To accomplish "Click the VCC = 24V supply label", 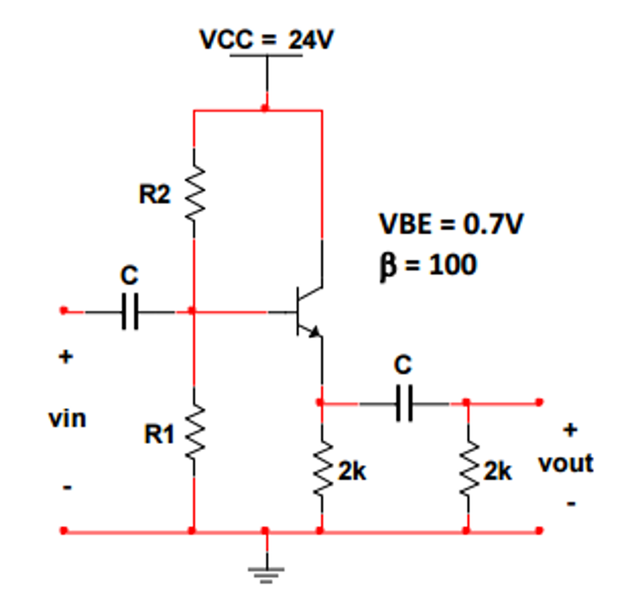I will [x=267, y=40].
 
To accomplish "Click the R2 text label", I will [x=154, y=195].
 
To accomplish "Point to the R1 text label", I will [x=159, y=435].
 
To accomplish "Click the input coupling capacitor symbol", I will [x=129, y=312].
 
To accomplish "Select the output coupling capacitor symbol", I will [x=404, y=404].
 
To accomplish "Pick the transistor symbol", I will [x=307, y=312].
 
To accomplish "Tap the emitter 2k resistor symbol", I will [x=321, y=469].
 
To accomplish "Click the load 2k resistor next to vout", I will [x=467, y=469].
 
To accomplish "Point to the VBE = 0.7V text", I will [x=451, y=224].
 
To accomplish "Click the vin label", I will [x=67, y=419].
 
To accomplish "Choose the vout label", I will [x=565, y=462].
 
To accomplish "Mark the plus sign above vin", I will [x=65, y=357].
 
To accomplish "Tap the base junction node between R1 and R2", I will [x=193, y=311].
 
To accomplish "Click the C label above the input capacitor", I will [x=129, y=276].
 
